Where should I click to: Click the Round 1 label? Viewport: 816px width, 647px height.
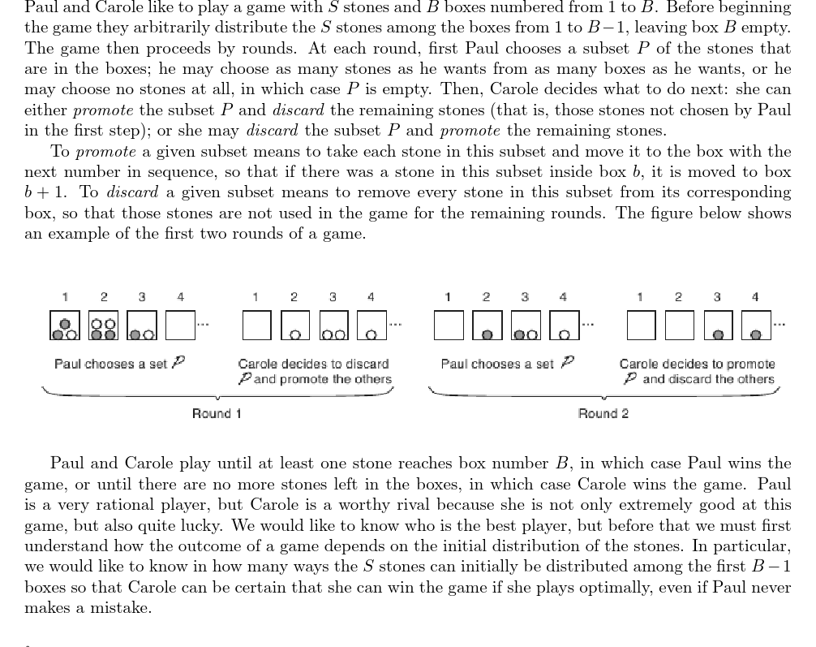tap(217, 413)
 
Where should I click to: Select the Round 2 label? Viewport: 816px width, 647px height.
tap(603, 413)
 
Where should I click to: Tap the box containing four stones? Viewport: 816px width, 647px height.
tap(103, 325)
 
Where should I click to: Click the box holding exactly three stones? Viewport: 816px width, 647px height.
tap(65, 325)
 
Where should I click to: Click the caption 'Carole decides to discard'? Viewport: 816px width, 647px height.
tap(313, 364)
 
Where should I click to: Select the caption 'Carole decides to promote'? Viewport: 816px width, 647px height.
tap(697, 364)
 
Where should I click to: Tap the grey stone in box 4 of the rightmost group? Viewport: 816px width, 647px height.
tap(756, 334)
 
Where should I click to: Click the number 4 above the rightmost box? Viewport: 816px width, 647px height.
tap(755, 297)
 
